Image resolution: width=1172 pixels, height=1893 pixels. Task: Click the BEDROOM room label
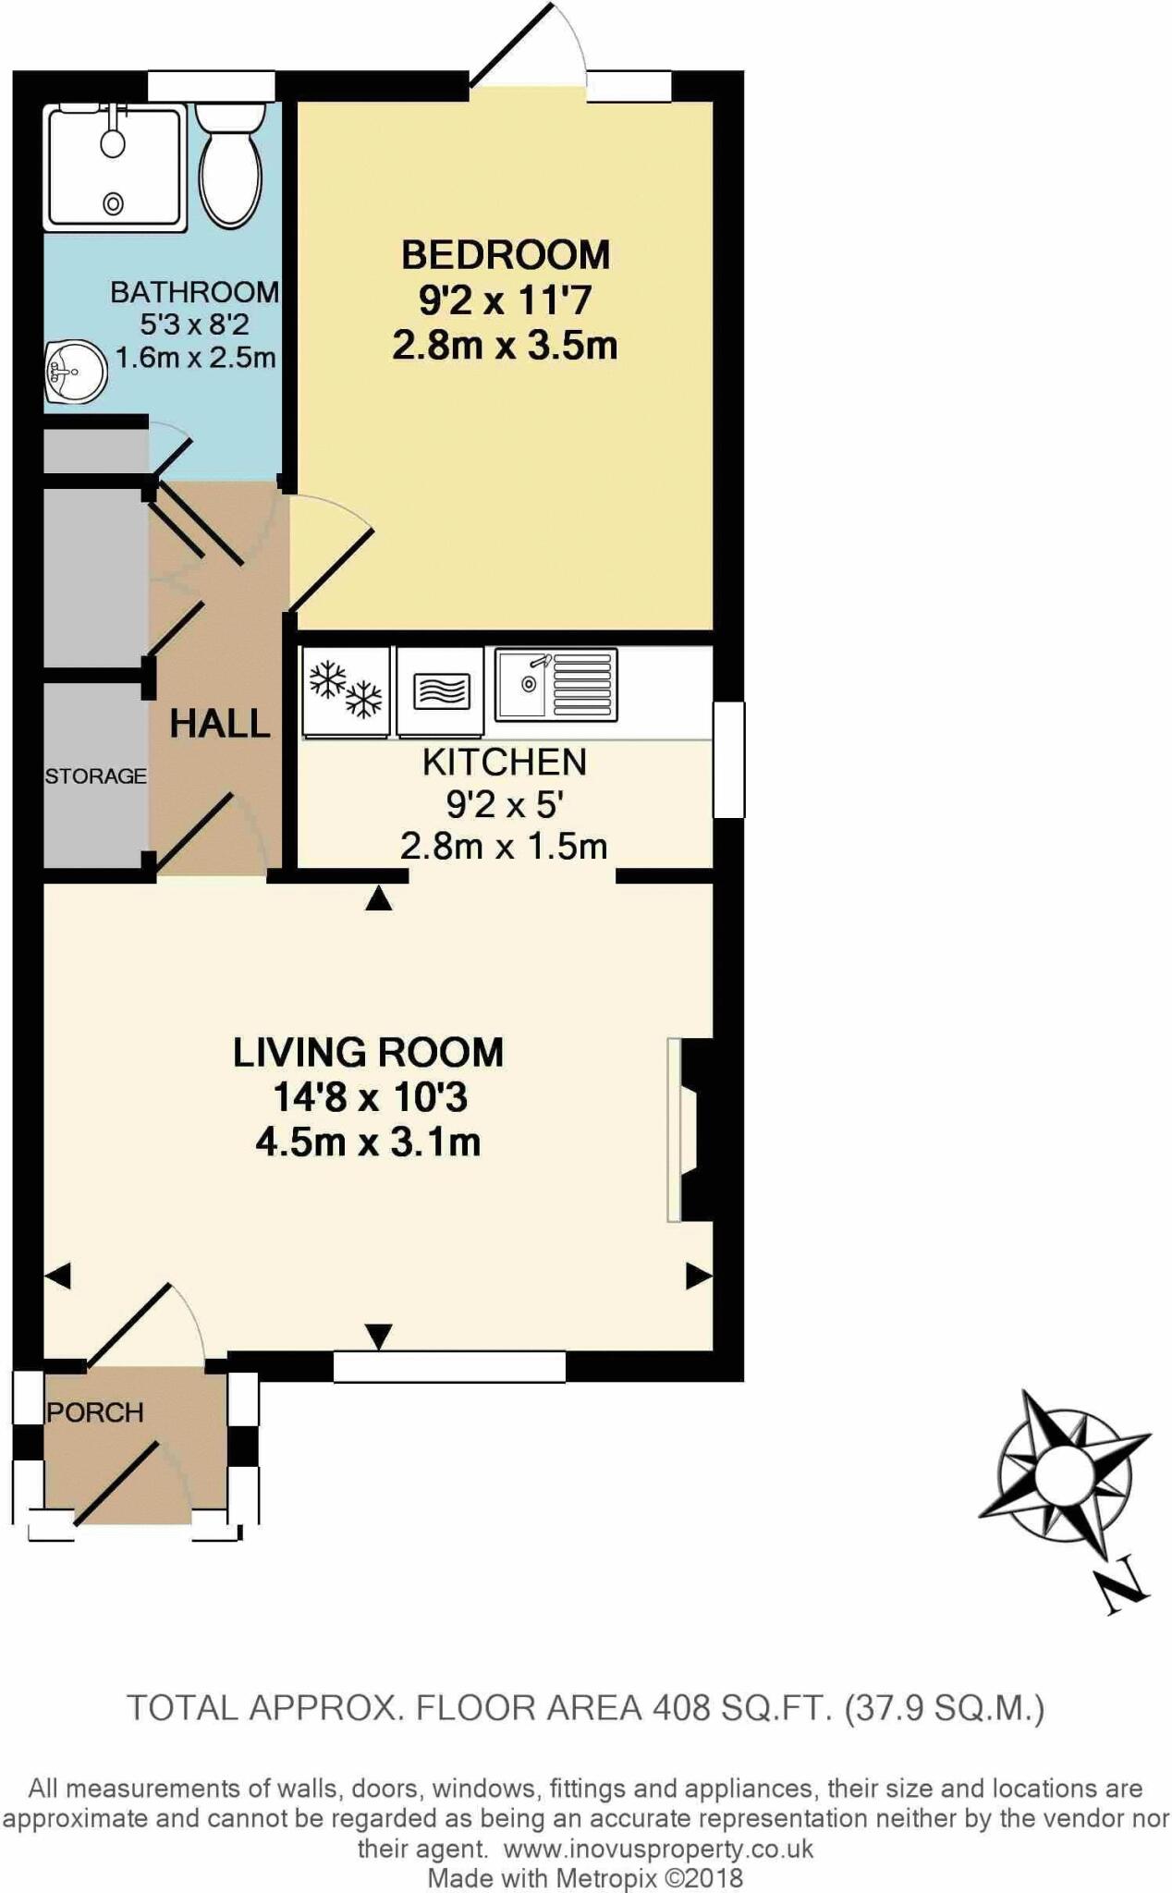tap(505, 254)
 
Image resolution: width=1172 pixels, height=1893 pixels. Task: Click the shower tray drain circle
tap(114, 203)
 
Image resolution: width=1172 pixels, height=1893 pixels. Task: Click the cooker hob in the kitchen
tap(441, 690)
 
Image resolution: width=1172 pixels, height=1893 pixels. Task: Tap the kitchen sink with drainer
tap(555, 685)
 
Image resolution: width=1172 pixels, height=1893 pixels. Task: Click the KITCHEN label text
tap(505, 762)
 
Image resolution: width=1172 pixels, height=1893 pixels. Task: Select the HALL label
tap(220, 724)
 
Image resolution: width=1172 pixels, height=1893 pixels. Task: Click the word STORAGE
tap(95, 776)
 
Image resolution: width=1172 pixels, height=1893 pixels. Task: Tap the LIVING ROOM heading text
tap(368, 1052)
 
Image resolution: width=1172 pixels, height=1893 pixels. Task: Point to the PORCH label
tap(95, 1412)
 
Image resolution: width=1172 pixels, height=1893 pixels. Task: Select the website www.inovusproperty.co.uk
tap(659, 1849)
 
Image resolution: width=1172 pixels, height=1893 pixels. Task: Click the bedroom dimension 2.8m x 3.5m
tap(505, 346)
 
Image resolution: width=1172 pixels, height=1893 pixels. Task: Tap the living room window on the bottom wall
tap(449, 1366)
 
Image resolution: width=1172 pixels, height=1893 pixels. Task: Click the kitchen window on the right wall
tap(729, 759)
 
